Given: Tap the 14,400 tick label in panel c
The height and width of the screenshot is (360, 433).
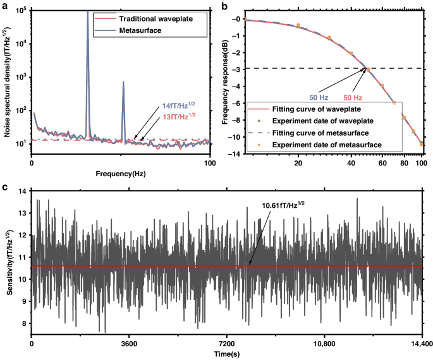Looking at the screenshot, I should [420, 345].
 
